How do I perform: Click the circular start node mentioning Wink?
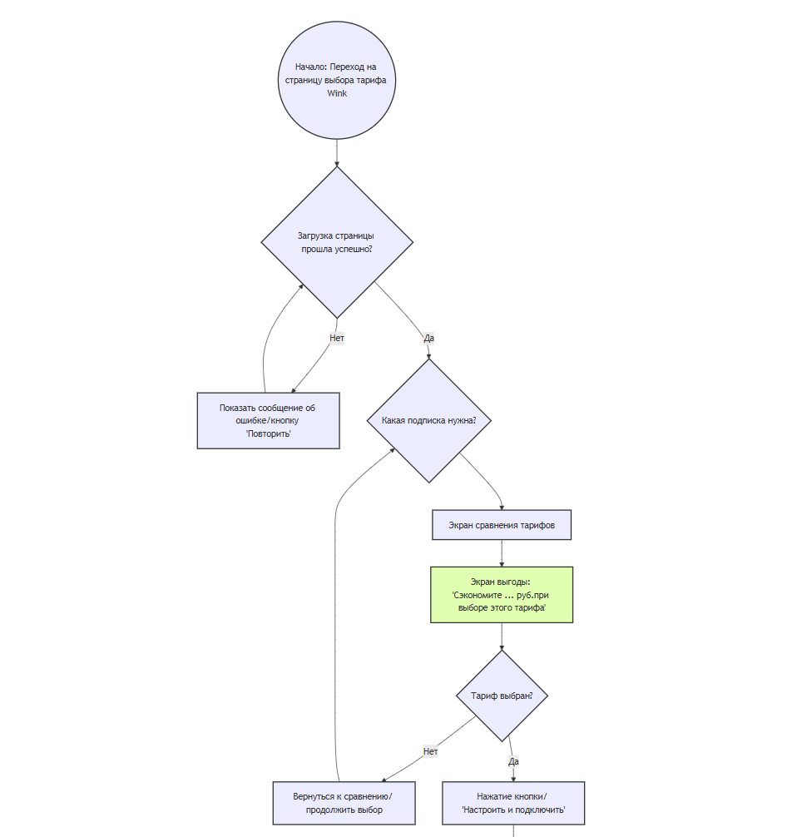pyautogui.click(x=336, y=80)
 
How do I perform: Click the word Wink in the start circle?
pyautogui.click(x=336, y=94)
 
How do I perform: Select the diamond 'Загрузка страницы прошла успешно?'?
pyautogui.click(x=336, y=242)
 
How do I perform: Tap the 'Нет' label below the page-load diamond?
pyautogui.click(x=336, y=339)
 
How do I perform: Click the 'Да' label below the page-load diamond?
pyautogui.click(x=428, y=339)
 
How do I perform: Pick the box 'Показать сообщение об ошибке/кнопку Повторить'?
pyautogui.click(x=268, y=420)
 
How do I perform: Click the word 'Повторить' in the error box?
pyautogui.click(x=268, y=434)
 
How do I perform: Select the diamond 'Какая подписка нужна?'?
pyautogui.click(x=428, y=420)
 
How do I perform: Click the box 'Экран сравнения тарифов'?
pyautogui.click(x=501, y=525)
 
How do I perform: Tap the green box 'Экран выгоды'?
pyautogui.click(x=501, y=594)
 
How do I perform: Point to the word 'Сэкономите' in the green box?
pyautogui.click(x=478, y=596)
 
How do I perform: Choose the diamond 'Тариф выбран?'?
pyautogui.click(x=502, y=696)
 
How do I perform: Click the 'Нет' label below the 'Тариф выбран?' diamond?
pyautogui.click(x=430, y=751)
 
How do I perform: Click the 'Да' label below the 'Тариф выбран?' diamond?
pyautogui.click(x=513, y=760)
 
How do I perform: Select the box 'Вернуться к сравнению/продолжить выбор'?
pyautogui.click(x=343, y=803)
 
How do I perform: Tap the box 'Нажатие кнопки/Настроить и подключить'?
pyautogui.click(x=512, y=803)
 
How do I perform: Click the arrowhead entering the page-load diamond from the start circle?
pyautogui.click(x=336, y=164)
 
